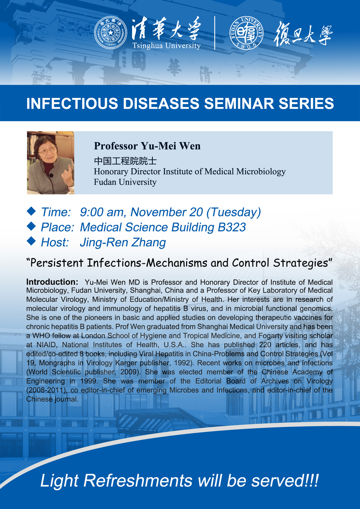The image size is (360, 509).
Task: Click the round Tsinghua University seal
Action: pos(111,33)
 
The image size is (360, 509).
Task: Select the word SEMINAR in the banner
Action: pos(239,104)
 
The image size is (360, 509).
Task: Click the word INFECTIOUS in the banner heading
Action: pos(72,104)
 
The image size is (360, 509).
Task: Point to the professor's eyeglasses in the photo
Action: pos(47,151)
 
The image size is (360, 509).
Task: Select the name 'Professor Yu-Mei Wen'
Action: pos(147,146)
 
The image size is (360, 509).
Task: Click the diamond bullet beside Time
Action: pos(31,211)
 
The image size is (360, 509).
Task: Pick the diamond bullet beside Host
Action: pos(31,241)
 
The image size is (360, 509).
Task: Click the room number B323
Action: pos(232,227)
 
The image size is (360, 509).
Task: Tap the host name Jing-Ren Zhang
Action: pos(123,243)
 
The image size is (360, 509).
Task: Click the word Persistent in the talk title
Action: pos(57,263)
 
